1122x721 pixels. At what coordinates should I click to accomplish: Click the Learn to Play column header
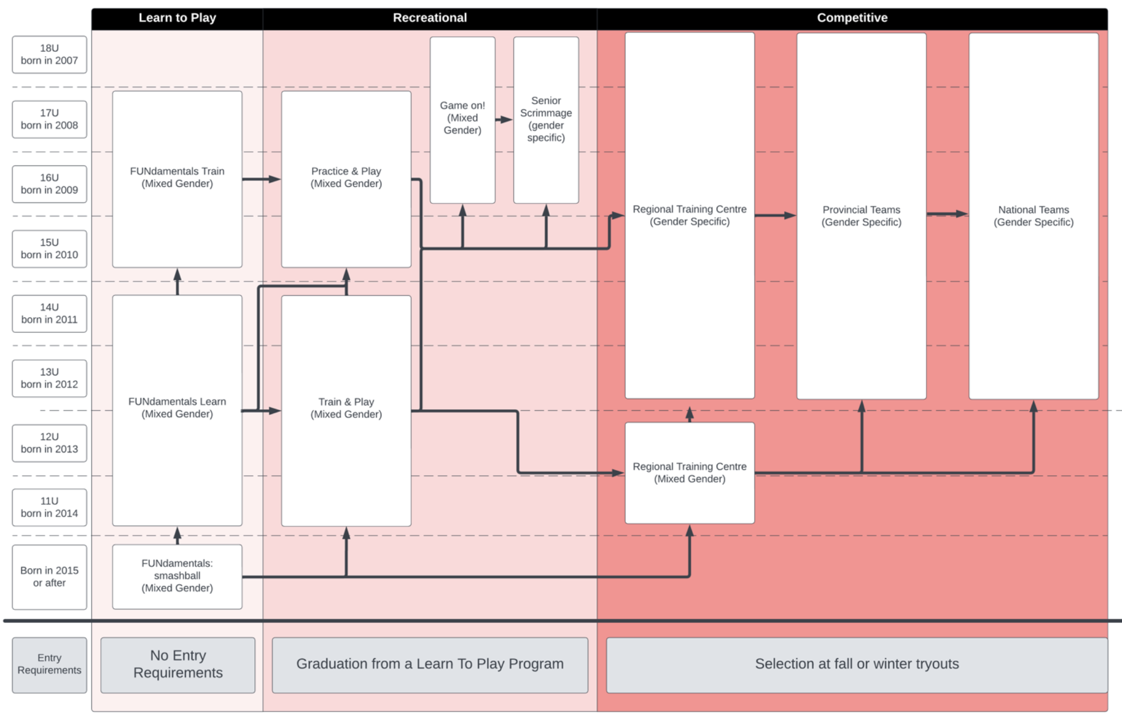177,18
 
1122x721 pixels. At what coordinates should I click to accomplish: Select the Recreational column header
430,18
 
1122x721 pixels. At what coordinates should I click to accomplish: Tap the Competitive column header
852,18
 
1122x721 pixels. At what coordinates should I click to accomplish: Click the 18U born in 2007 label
49,54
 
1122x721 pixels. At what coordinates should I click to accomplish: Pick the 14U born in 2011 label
49,313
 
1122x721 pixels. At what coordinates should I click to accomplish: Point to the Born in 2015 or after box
49,576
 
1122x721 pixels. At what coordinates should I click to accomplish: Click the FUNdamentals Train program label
177,177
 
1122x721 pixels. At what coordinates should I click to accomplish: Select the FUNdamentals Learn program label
177,408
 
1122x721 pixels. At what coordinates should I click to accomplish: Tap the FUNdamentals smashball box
177,576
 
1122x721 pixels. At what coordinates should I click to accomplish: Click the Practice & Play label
346,177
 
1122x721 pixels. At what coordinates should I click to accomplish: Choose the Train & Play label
346,408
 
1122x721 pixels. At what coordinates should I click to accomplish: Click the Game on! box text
462,118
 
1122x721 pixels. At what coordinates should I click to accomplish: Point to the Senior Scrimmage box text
546,119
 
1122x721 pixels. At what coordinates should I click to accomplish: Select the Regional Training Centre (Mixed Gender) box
689,473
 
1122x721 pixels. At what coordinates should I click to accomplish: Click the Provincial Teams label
861,216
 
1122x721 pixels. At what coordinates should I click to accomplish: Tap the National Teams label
1033,216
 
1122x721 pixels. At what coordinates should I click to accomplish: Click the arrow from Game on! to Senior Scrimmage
504,120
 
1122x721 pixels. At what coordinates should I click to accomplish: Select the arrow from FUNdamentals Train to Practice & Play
261,179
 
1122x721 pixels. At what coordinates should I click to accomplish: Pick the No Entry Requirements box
178,664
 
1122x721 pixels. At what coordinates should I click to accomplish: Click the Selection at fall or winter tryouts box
856,664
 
